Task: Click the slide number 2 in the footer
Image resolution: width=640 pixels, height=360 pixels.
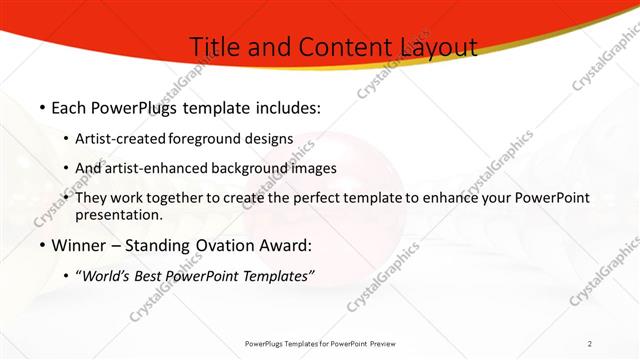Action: click(x=590, y=344)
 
